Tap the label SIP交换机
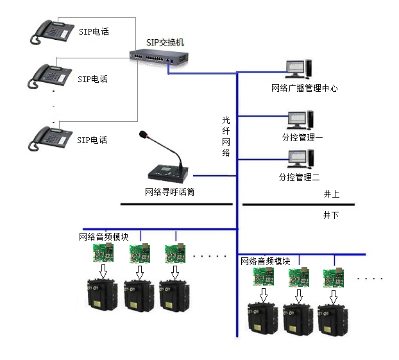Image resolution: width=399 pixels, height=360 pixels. click(x=165, y=42)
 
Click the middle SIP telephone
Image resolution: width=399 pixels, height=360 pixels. click(x=49, y=77)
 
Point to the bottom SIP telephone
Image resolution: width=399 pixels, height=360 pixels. click(x=51, y=138)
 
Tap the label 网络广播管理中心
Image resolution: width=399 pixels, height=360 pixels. click(x=304, y=88)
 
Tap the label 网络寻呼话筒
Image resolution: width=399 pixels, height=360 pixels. click(x=169, y=191)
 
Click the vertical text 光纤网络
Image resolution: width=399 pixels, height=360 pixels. click(x=226, y=136)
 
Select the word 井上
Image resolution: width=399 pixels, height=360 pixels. click(x=331, y=195)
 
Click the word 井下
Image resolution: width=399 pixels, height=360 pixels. click(x=331, y=216)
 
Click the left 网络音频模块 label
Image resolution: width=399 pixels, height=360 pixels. click(x=104, y=237)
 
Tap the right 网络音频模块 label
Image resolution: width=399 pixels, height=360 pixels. click(x=265, y=261)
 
